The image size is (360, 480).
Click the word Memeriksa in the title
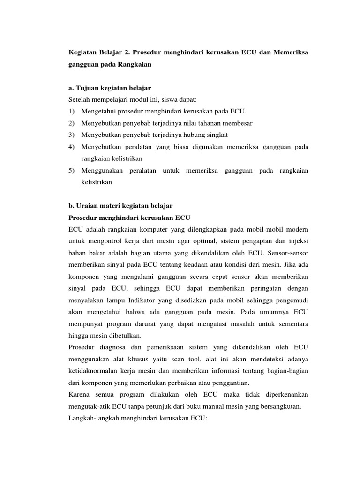click(290, 51)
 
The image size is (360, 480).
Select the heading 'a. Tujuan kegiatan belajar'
click(110, 88)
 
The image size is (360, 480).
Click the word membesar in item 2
click(238, 123)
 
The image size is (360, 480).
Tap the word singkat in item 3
click(215, 135)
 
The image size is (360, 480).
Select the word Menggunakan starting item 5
click(103, 171)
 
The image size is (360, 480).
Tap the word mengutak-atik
click(91, 407)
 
